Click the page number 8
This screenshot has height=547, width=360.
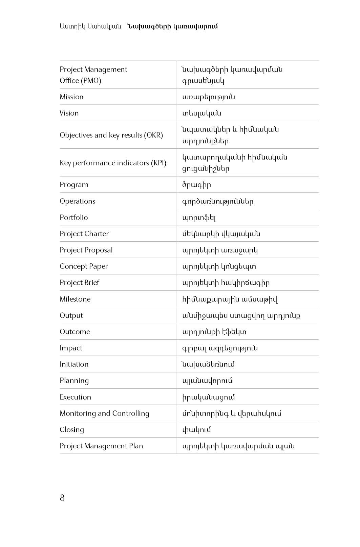(x=62, y=498)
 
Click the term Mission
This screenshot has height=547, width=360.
(x=71, y=97)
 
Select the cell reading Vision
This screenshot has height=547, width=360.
(x=69, y=113)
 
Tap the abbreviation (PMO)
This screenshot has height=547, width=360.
(x=90, y=81)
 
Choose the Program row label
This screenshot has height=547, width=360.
(x=74, y=185)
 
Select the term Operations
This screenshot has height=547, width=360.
(x=78, y=201)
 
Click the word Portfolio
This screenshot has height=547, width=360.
(x=74, y=218)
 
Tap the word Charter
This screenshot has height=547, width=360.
(x=97, y=234)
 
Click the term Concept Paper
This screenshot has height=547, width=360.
(x=84, y=266)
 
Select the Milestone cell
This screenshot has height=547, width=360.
(x=75, y=299)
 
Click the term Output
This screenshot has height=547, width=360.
(x=71, y=316)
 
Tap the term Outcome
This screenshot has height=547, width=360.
(x=75, y=332)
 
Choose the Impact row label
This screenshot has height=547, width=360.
(x=71, y=348)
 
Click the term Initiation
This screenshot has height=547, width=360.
(x=74, y=364)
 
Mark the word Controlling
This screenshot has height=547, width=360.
(x=131, y=413)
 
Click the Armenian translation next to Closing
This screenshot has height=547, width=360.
(x=196, y=430)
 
